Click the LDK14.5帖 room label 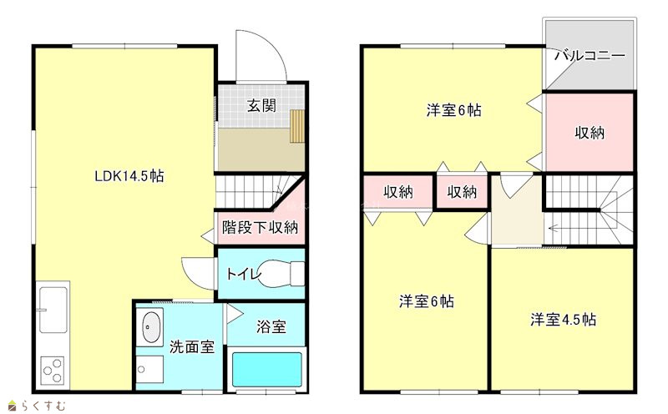pyautogui.click(x=129, y=175)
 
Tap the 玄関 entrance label pyautogui.click(x=261, y=105)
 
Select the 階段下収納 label pyautogui.click(x=260, y=227)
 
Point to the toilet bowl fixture pyautogui.click(x=281, y=273)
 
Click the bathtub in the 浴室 pyautogui.click(x=266, y=369)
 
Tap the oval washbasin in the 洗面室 pyautogui.click(x=151, y=327)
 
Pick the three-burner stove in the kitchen pyautogui.click(x=53, y=371)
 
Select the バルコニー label pyautogui.click(x=590, y=56)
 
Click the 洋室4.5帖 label pyautogui.click(x=563, y=319)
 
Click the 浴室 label pyautogui.click(x=271, y=326)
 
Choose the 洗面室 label pyautogui.click(x=192, y=346)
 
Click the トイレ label pyautogui.click(x=243, y=274)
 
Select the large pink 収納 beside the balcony pyautogui.click(x=590, y=133)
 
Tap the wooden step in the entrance pyautogui.click(x=297, y=126)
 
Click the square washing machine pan pyautogui.click(x=149, y=369)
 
